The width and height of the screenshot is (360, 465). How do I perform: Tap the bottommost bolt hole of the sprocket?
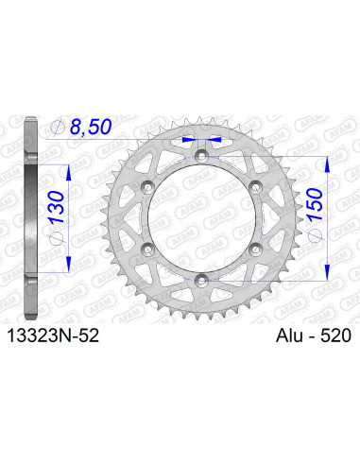tap(202, 277)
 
